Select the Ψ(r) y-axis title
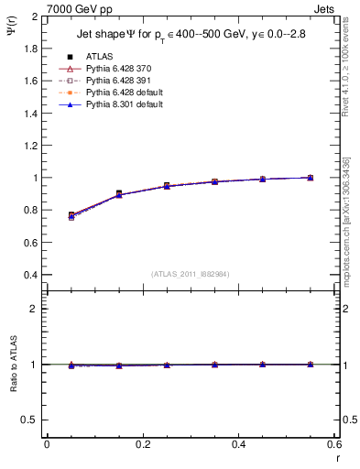[10, 27]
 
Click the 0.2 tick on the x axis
[142, 444]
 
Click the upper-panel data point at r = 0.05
[71, 215]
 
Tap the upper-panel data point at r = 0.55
[310, 178]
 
